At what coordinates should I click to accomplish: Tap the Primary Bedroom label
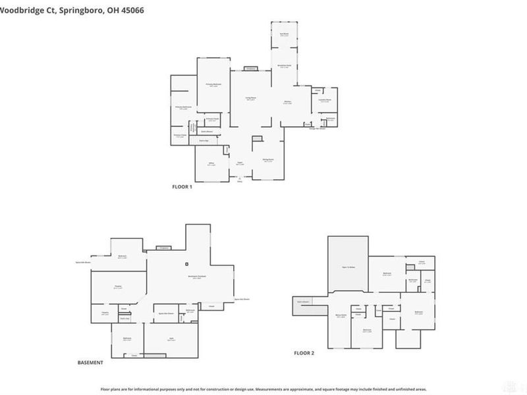pos(213,85)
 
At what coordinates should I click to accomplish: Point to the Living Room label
pos(250,99)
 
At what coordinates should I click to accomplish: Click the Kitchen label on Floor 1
pos(288,101)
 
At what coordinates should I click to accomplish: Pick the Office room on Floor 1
pos(211,165)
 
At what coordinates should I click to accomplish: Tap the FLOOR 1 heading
pos(182,187)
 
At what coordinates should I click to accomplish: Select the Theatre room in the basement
pos(119,287)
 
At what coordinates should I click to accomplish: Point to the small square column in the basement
pos(187,265)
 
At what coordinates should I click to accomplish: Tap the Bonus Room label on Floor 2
pos(341,317)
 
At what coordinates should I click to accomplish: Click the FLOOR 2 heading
pos(304,354)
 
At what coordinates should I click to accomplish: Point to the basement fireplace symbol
pos(163,248)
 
